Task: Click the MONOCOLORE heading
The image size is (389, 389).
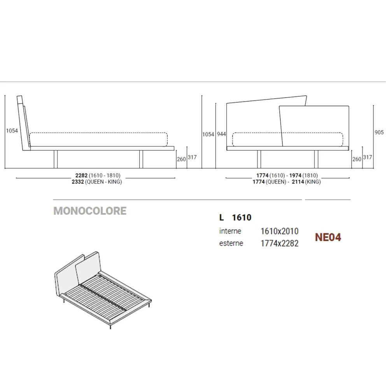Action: (90, 211)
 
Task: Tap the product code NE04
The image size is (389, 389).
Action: (328, 237)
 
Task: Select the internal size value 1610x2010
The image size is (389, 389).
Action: (279, 231)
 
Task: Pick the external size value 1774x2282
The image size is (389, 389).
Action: (279, 244)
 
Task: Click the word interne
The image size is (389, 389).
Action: (230, 231)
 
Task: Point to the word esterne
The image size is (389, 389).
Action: (231, 243)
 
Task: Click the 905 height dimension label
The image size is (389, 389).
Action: (379, 132)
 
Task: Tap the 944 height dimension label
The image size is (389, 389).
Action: (221, 134)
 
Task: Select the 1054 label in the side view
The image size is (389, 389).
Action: (12, 131)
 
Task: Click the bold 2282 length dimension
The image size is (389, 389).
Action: (81, 175)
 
